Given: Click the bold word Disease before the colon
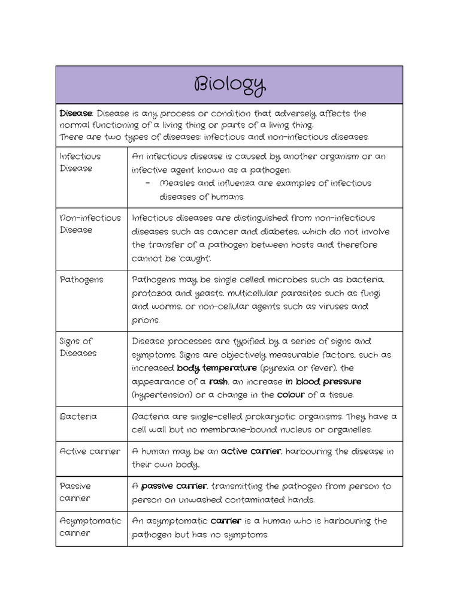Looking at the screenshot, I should (x=75, y=113).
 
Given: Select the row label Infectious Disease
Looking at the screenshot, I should (x=80, y=162).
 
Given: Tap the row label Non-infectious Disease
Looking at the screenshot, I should (x=90, y=224).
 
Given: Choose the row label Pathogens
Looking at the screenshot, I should (x=81, y=279).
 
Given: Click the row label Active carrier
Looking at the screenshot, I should (x=90, y=451).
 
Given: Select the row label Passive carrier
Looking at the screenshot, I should (x=75, y=492).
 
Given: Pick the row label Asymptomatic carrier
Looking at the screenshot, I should (x=90, y=526).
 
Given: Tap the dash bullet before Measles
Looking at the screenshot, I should (x=147, y=183).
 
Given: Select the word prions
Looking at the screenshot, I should (x=146, y=320).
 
